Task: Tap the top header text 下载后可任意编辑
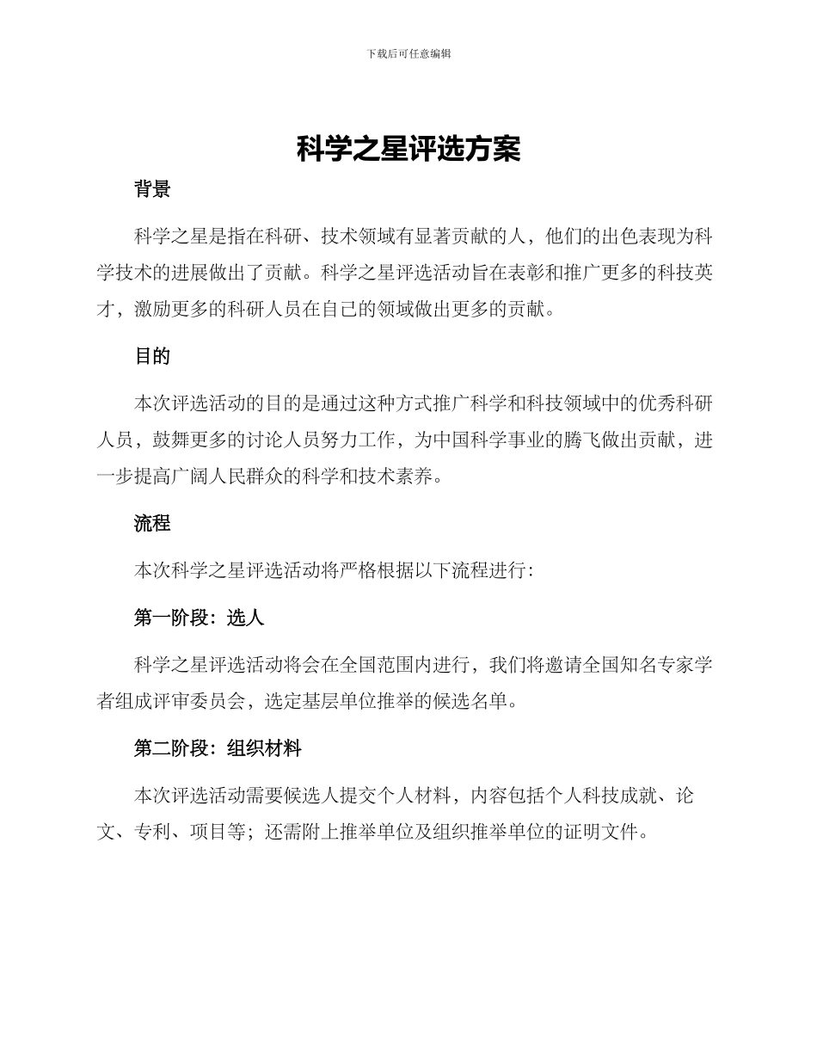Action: click(x=408, y=53)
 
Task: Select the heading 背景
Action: click(x=152, y=190)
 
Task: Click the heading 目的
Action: click(x=152, y=357)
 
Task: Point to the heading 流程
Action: click(x=152, y=523)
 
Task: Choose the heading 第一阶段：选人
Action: click(x=199, y=618)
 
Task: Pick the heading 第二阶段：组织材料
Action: click(x=218, y=749)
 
